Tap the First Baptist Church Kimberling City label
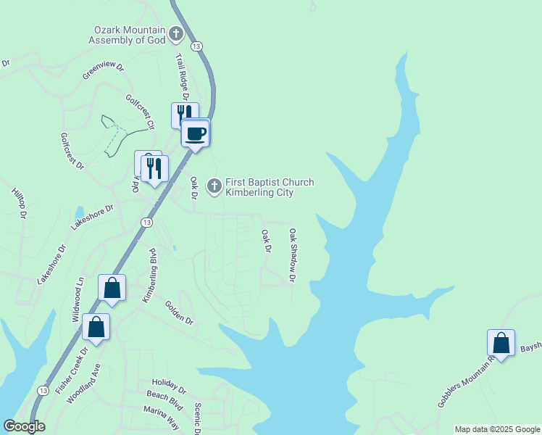[270, 187]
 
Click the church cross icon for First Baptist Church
[214, 186]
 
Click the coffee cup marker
[195, 133]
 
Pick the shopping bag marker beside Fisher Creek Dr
[96, 328]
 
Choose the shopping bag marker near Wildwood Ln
[112, 289]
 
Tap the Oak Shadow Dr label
[293, 255]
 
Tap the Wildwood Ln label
[78, 299]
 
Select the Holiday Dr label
[169, 384]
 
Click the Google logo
[24, 426]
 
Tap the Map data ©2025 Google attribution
[496, 429]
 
